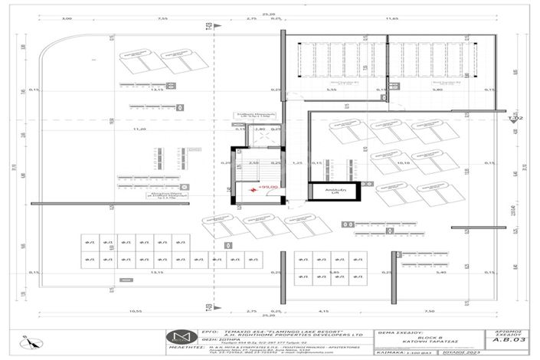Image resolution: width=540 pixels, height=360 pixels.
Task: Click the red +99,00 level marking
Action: pyautogui.click(x=267, y=186)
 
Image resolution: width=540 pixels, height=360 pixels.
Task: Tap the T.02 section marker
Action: pyautogui.click(x=515, y=119)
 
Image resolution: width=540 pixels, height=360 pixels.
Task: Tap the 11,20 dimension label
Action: pyautogui.click(x=139, y=130)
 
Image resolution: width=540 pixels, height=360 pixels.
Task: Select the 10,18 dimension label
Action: pyautogui.click(x=404, y=162)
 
